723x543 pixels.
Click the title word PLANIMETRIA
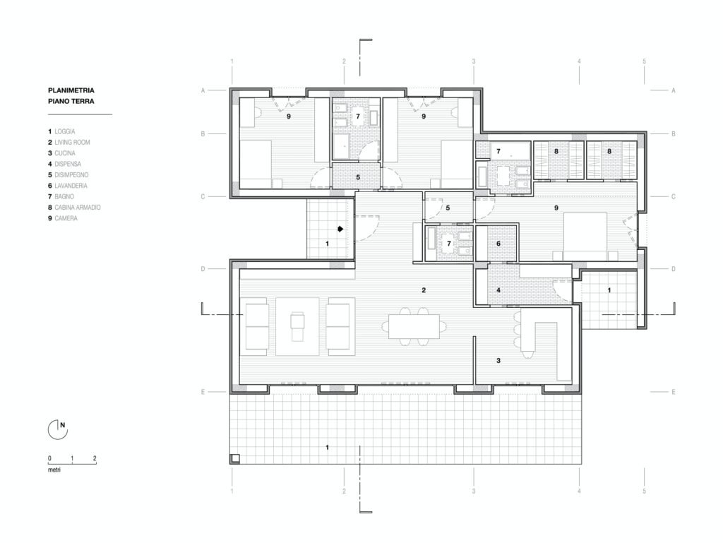[71, 90]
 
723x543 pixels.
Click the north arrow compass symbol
[58, 429]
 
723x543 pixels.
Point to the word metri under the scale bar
[54, 470]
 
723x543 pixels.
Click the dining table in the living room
[414, 326]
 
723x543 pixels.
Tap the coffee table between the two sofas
[297, 326]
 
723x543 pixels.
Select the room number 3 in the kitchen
[498, 360]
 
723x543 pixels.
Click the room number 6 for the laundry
[498, 244]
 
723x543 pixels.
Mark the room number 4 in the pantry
[498, 290]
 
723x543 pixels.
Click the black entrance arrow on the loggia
[340, 228]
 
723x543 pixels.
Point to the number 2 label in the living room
[424, 290]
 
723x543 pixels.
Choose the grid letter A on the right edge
[673, 90]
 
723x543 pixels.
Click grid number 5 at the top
[644, 61]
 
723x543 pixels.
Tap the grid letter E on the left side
[203, 392]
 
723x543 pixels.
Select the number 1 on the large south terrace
[328, 447]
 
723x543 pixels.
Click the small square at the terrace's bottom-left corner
[235, 458]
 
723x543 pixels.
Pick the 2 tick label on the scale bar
[95, 458]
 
